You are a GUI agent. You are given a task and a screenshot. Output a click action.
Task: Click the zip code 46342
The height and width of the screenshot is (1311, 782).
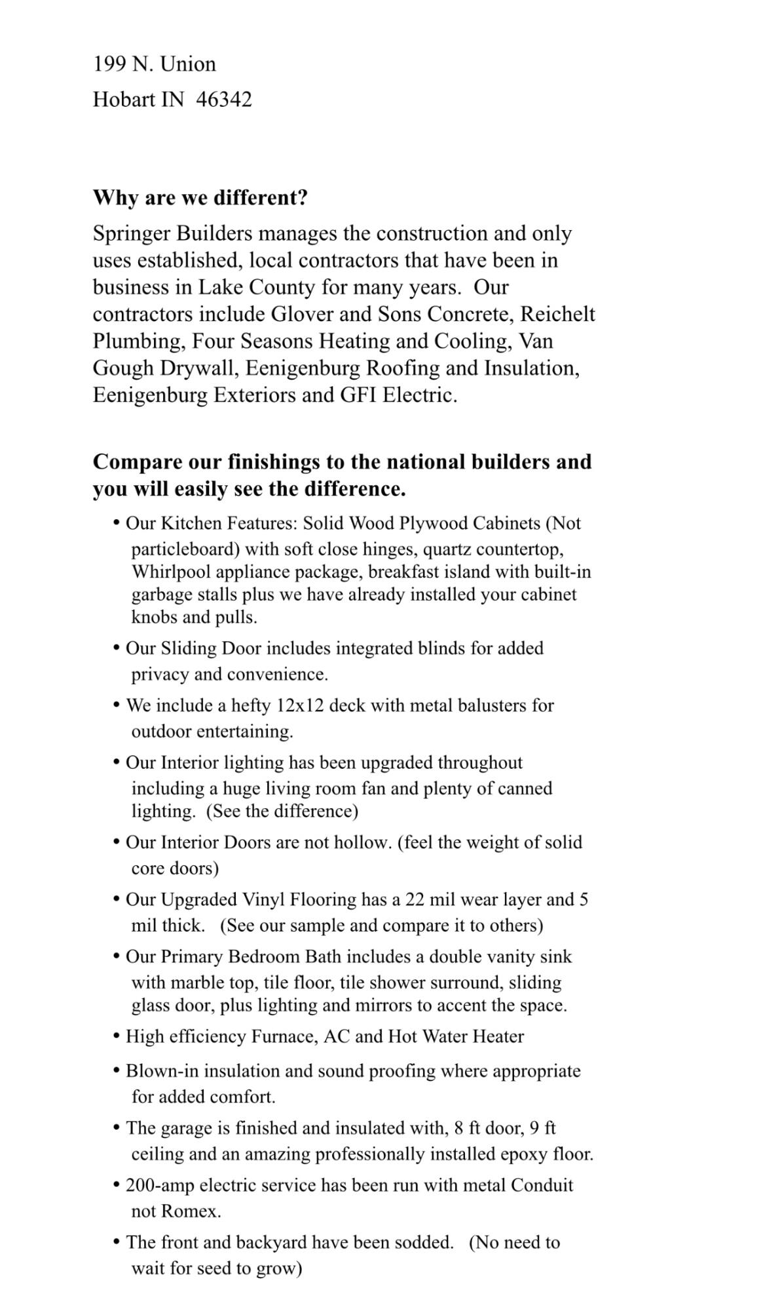tap(224, 100)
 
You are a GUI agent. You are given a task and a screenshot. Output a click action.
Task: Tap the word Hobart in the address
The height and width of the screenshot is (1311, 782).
tap(124, 100)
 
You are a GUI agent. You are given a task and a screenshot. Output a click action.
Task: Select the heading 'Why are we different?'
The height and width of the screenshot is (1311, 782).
tap(200, 198)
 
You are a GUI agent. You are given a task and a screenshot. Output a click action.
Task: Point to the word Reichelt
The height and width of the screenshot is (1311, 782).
tap(557, 315)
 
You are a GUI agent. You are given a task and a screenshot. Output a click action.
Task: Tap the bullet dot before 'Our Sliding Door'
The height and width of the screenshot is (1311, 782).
tap(117, 648)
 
